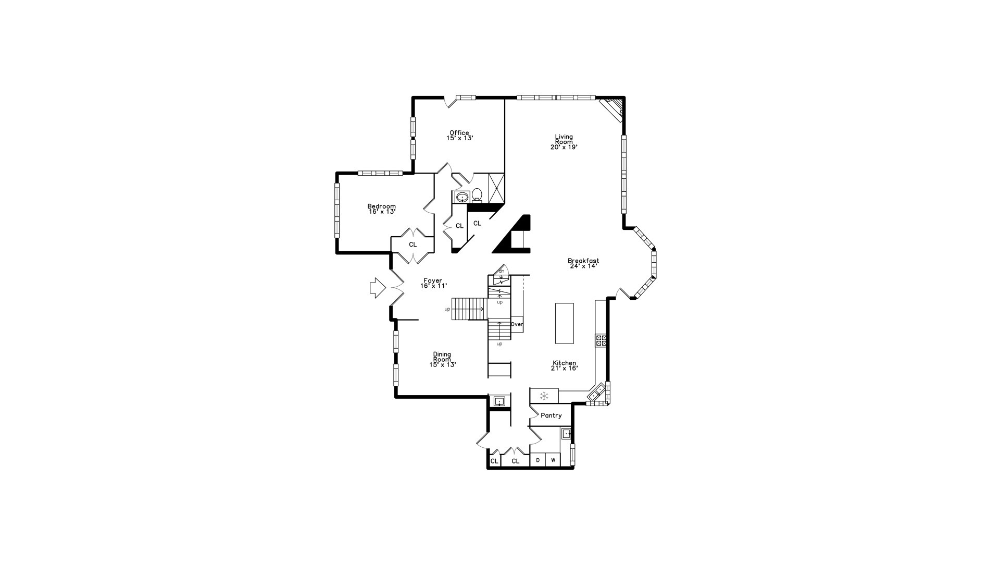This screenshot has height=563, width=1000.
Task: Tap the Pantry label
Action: [x=551, y=415]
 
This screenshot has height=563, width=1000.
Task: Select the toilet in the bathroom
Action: [x=477, y=195]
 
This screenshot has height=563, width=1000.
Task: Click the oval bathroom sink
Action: [x=462, y=197]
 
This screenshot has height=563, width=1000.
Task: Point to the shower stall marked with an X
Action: [x=496, y=188]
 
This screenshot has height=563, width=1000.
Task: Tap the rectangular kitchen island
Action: [x=565, y=323]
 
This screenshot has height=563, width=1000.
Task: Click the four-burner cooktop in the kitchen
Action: [x=601, y=340]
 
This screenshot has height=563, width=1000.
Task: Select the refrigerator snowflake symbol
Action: [x=544, y=396]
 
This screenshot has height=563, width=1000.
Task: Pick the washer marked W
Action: [x=553, y=460]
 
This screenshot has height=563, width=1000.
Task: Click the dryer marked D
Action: [x=538, y=460]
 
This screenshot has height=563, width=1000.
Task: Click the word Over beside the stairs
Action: [x=517, y=324]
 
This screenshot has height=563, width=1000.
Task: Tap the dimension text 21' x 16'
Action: [x=565, y=368]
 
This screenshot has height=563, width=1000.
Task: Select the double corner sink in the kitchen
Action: [x=597, y=393]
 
